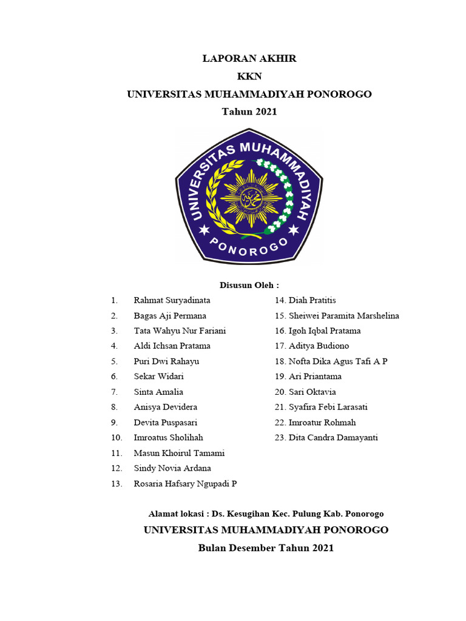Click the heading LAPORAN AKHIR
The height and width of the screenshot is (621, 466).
pyautogui.click(x=249, y=59)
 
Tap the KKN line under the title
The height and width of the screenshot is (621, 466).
pyautogui.click(x=249, y=76)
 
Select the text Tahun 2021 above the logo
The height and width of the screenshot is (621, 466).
pyautogui.click(x=249, y=112)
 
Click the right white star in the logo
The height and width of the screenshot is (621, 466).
pyautogui.click(x=294, y=230)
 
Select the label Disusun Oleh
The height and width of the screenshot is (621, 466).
pyautogui.click(x=249, y=285)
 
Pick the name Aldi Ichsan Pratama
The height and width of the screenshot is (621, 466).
pyautogui.click(x=172, y=346)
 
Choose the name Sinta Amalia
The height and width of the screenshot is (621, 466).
pyautogui.click(x=158, y=392)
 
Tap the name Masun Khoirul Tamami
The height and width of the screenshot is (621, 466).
pyautogui.click(x=179, y=453)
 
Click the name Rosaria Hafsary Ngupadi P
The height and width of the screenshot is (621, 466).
pyautogui.click(x=185, y=483)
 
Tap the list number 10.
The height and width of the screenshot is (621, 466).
pyautogui.click(x=116, y=437)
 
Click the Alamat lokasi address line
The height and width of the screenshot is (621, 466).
pyautogui.click(x=266, y=514)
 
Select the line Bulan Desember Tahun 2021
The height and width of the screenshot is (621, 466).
pyautogui.click(x=266, y=548)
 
